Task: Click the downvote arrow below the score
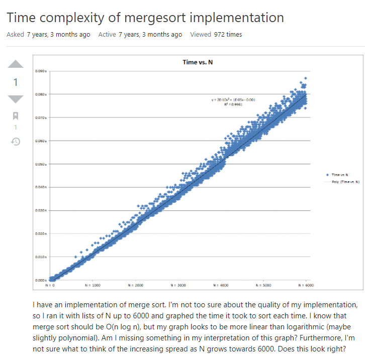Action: [16, 99]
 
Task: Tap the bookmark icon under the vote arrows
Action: [16, 116]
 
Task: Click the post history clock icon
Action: [16, 142]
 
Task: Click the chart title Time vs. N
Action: [198, 62]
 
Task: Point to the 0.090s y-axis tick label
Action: [41, 71]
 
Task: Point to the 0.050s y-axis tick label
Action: [41, 164]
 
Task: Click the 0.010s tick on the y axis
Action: [41, 257]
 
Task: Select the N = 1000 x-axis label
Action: [93, 285]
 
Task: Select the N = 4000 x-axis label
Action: [220, 285]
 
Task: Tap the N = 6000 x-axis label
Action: [306, 285]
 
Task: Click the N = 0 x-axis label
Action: [50, 285]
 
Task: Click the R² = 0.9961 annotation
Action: [234, 104]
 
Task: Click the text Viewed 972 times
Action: [216, 35]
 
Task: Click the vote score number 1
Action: [16, 82]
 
